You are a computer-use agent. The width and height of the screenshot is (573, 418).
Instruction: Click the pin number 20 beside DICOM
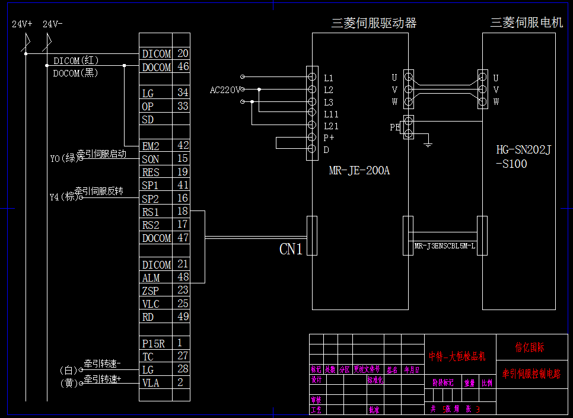point(183,53)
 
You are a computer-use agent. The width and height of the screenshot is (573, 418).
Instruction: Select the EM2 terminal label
point(151,146)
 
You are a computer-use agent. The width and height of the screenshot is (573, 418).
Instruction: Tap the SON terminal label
point(151,159)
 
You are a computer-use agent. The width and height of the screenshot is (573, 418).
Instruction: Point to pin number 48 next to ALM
point(183,277)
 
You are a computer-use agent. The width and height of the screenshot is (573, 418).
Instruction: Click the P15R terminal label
point(154,343)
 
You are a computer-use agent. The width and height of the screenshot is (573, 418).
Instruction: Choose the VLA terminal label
point(151,383)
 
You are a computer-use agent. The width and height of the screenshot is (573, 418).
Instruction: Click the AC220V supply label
point(225,90)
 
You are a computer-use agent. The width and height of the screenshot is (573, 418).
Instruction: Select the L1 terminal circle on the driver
point(312,77)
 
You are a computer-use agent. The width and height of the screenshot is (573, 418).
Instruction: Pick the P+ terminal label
point(328,138)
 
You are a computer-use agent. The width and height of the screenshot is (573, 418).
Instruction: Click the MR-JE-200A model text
point(359,171)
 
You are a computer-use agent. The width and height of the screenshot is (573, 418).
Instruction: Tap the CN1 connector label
point(291,249)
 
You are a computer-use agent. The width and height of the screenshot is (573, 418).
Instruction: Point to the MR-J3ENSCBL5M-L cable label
point(444,245)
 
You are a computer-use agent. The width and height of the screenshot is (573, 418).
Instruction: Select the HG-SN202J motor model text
point(523,151)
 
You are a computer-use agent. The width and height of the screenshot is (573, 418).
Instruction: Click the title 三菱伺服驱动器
point(374,23)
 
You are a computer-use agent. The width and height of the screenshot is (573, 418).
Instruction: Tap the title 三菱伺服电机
point(526,23)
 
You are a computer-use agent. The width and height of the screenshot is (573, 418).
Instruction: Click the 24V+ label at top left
point(23,24)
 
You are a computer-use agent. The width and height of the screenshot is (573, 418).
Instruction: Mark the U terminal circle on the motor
point(482,77)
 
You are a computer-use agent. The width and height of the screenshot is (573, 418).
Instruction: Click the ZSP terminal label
point(150,291)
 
